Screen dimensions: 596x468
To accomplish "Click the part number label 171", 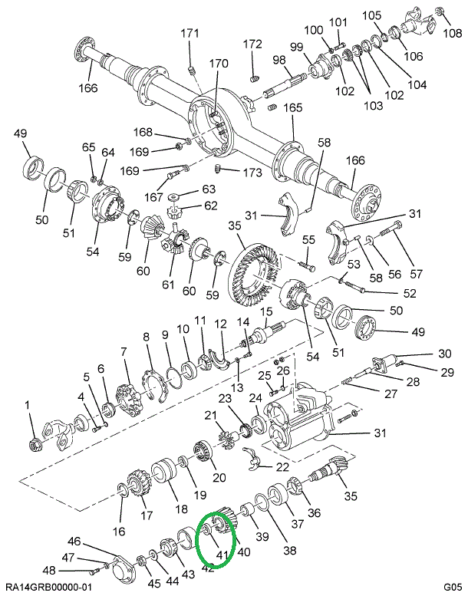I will tap(190, 33).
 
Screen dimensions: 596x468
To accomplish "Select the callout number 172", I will tap(253, 44).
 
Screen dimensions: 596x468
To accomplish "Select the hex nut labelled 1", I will tap(34, 443).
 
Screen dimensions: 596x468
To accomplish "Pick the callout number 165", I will tap(294, 107).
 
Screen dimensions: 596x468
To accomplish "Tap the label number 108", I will tap(453, 34).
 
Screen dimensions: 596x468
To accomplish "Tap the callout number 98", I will tap(278, 60).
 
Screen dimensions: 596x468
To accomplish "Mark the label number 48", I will tap(49, 570).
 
